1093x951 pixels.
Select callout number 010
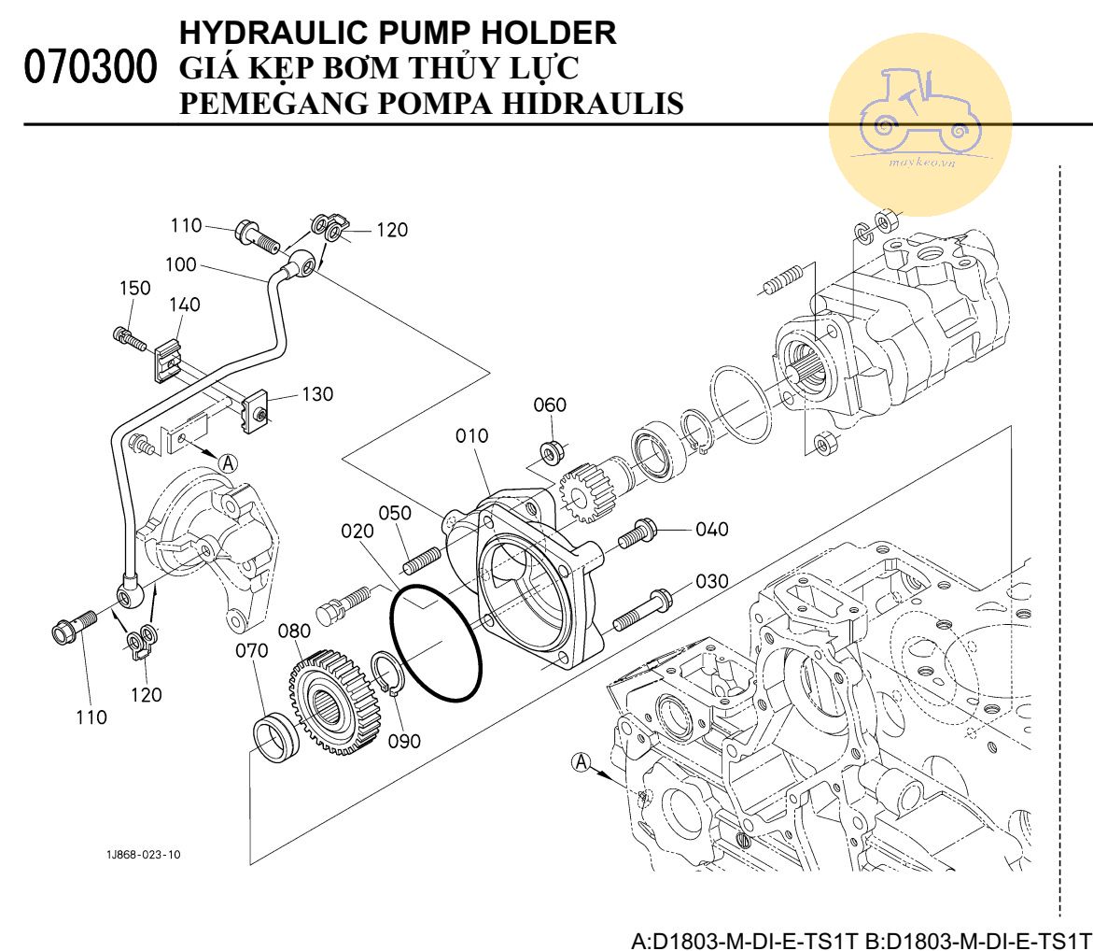pos(471,436)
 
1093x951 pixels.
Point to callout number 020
pos(357,532)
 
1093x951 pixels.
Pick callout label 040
pos(712,530)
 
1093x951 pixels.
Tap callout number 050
pos(395,513)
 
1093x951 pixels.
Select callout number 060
pos(550,405)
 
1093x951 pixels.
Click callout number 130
pos(317,394)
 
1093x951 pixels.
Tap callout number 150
pos(134,288)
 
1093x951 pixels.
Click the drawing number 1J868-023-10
pos(144,855)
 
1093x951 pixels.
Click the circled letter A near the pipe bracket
pos(228,461)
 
